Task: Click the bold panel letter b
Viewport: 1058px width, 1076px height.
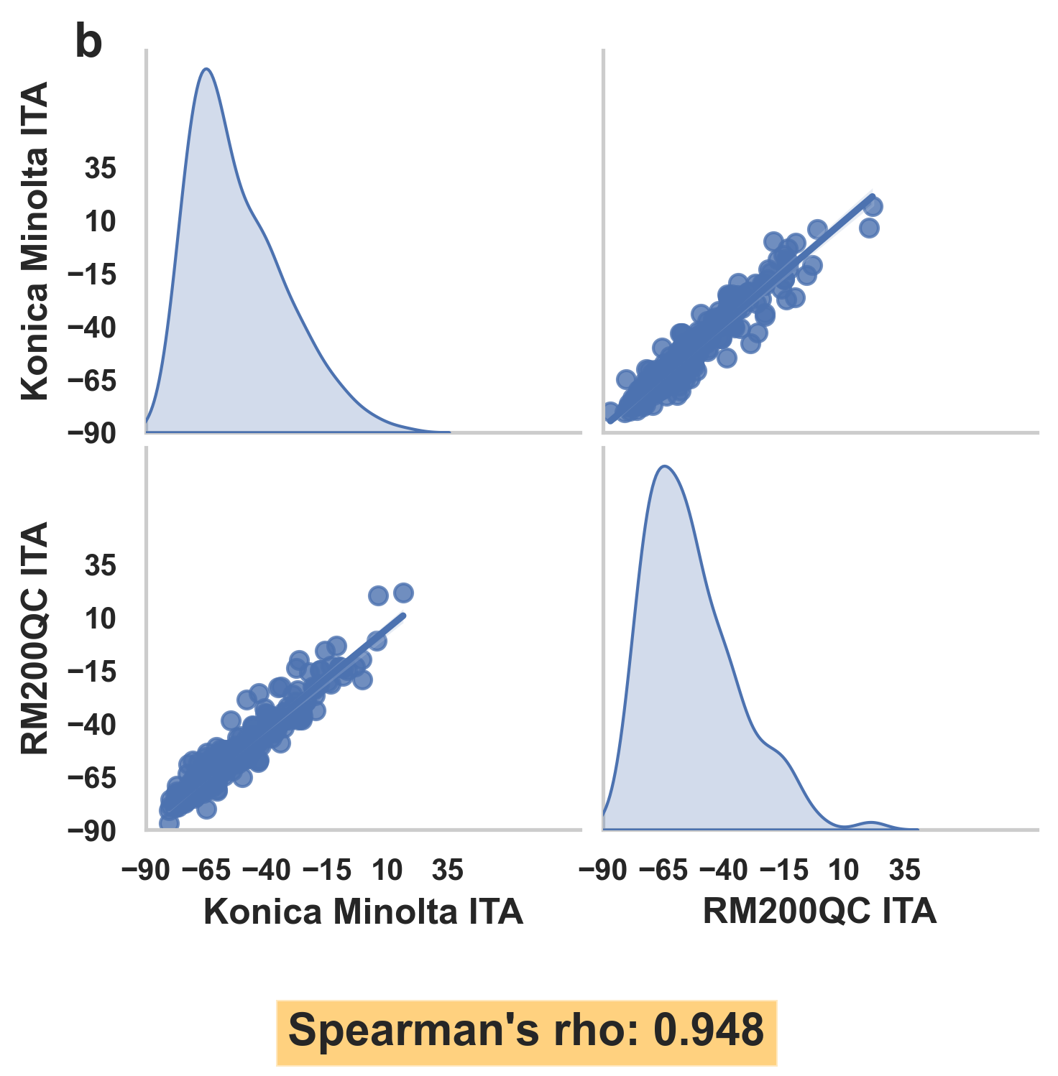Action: (89, 43)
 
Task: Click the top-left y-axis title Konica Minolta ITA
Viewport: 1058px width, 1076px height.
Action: (34, 241)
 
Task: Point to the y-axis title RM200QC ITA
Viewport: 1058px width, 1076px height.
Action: (34, 638)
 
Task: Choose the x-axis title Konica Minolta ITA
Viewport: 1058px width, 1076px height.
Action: (363, 912)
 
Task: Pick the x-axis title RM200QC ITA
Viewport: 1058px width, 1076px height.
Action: (819, 912)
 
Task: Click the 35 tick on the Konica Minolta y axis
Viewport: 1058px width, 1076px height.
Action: (101, 169)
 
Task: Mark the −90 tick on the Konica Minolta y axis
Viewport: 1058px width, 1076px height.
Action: (91, 433)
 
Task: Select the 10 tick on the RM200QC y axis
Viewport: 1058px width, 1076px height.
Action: (101, 618)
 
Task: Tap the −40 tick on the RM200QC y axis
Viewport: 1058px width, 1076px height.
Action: (91, 725)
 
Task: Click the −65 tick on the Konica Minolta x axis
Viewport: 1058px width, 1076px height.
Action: (206, 871)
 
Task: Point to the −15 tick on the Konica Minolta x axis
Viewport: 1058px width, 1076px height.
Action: (327, 871)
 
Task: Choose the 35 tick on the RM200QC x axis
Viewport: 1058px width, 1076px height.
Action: (904, 871)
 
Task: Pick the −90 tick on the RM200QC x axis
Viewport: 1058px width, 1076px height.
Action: (602, 871)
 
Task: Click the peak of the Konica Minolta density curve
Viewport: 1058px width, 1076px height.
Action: (206, 69)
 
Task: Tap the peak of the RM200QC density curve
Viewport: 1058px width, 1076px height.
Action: (665, 466)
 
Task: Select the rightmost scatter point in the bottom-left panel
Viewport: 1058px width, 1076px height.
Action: (403, 593)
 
